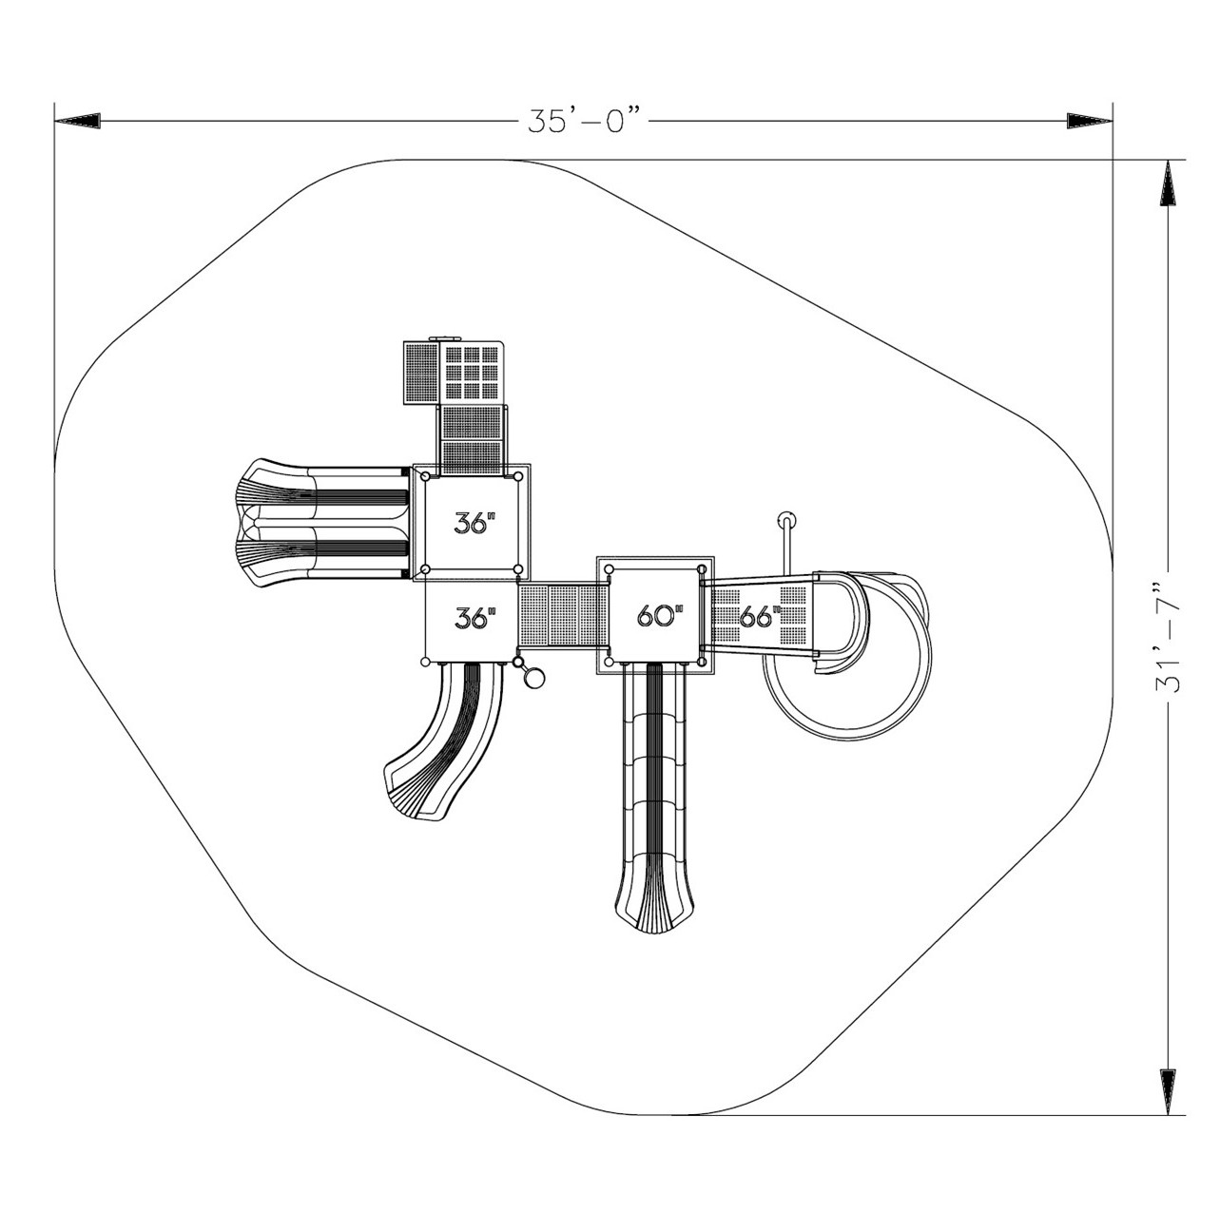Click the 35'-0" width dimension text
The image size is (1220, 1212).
pyautogui.click(x=584, y=121)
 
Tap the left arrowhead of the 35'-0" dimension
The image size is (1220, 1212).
pyautogui.click(x=77, y=121)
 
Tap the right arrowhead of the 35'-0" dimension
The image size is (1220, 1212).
pyautogui.click(x=1089, y=121)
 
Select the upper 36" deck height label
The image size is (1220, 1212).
pyautogui.click(x=474, y=522)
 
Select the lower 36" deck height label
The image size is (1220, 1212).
pyautogui.click(x=474, y=618)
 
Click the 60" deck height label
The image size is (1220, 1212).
pyautogui.click(x=660, y=615)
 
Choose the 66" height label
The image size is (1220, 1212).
pyautogui.click(x=760, y=616)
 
